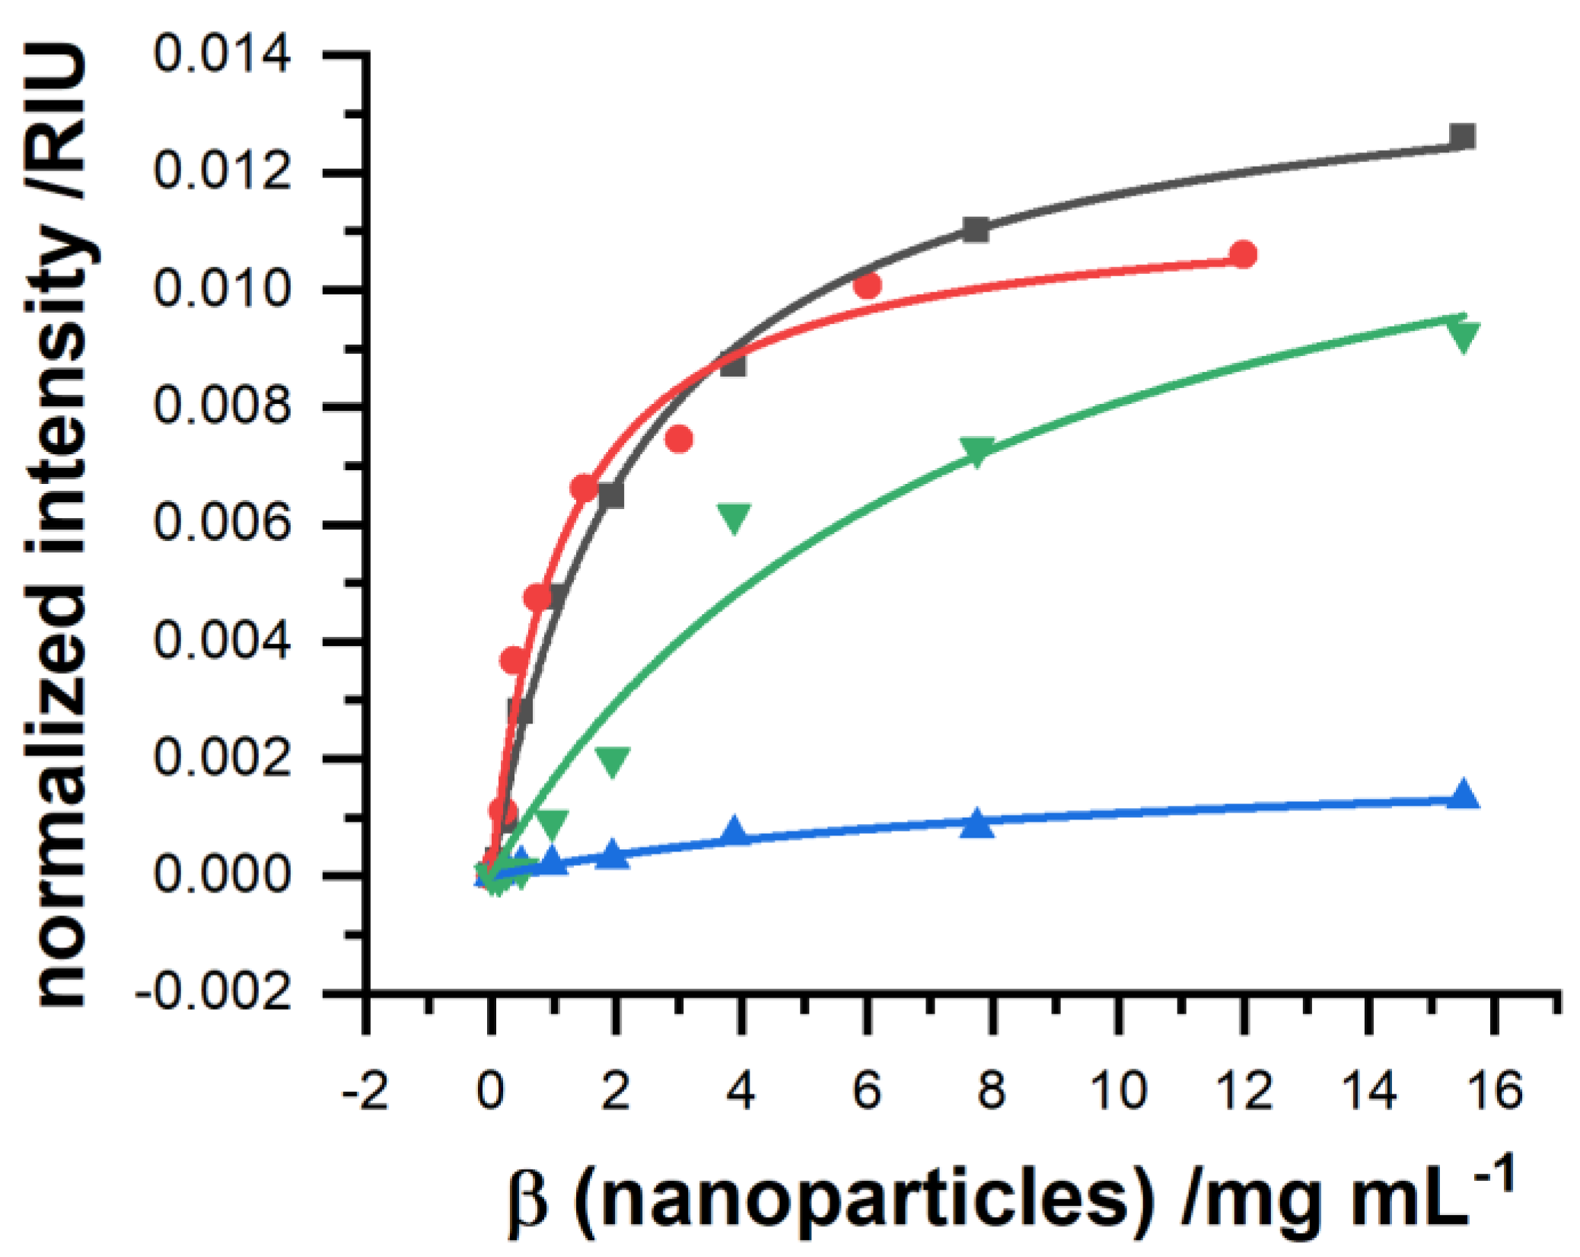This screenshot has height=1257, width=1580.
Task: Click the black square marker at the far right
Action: pos(1462,137)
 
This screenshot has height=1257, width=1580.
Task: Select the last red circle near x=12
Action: pos(1243,254)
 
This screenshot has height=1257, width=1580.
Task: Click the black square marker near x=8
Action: pos(976,229)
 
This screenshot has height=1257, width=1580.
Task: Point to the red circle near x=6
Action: pos(867,286)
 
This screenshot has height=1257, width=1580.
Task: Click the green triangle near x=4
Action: pos(734,517)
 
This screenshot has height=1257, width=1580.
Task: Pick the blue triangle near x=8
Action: pos(976,825)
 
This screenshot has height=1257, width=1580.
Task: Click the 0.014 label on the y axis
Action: pos(221,55)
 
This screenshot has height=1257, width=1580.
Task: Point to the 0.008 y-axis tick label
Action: pos(221,406)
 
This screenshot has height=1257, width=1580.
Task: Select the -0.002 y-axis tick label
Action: pos(213,993)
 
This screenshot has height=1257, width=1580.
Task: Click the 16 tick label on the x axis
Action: pos(1495,1090)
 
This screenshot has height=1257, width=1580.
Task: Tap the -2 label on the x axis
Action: pos(366,1091)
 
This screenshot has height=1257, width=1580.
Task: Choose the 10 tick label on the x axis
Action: pos(1118,1090)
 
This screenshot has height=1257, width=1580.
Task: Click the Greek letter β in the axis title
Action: pos(527,1204)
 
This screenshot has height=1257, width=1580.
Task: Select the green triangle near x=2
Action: pos(613,761)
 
